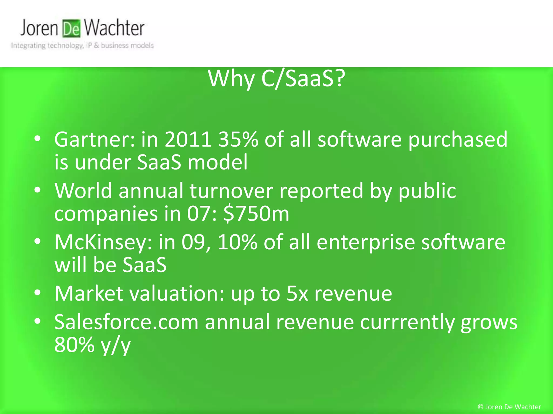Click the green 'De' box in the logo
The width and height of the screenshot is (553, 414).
(x=72, y=29)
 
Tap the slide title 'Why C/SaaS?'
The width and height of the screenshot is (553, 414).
(x=276, y=79)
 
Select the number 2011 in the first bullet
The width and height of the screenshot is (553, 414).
(x=188, y=140)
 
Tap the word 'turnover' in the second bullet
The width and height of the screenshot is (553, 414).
(x=231, y=191)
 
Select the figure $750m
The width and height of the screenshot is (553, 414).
(x=256, y=213)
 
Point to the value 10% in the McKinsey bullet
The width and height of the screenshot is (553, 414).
(x=237, y=242)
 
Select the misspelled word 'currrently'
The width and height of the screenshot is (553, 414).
(x=407, y=322)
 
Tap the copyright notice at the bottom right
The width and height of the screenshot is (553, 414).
(x=509, y=407)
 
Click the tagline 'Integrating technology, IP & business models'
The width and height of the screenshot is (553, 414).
(x=82, y=46)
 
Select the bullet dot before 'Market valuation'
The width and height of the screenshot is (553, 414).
(x=38, y=292)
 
